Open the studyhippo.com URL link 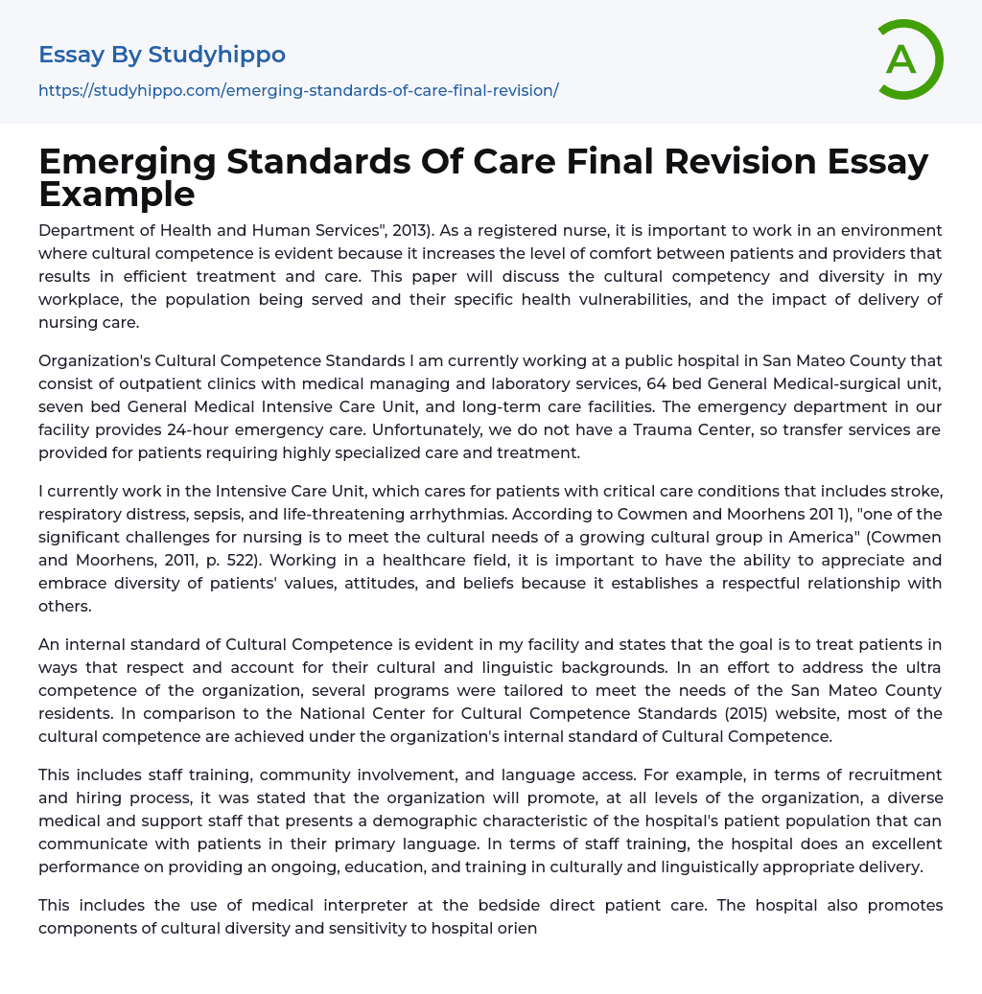(298, 90)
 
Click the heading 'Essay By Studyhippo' (162, 55)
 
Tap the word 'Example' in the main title (117, 194)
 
